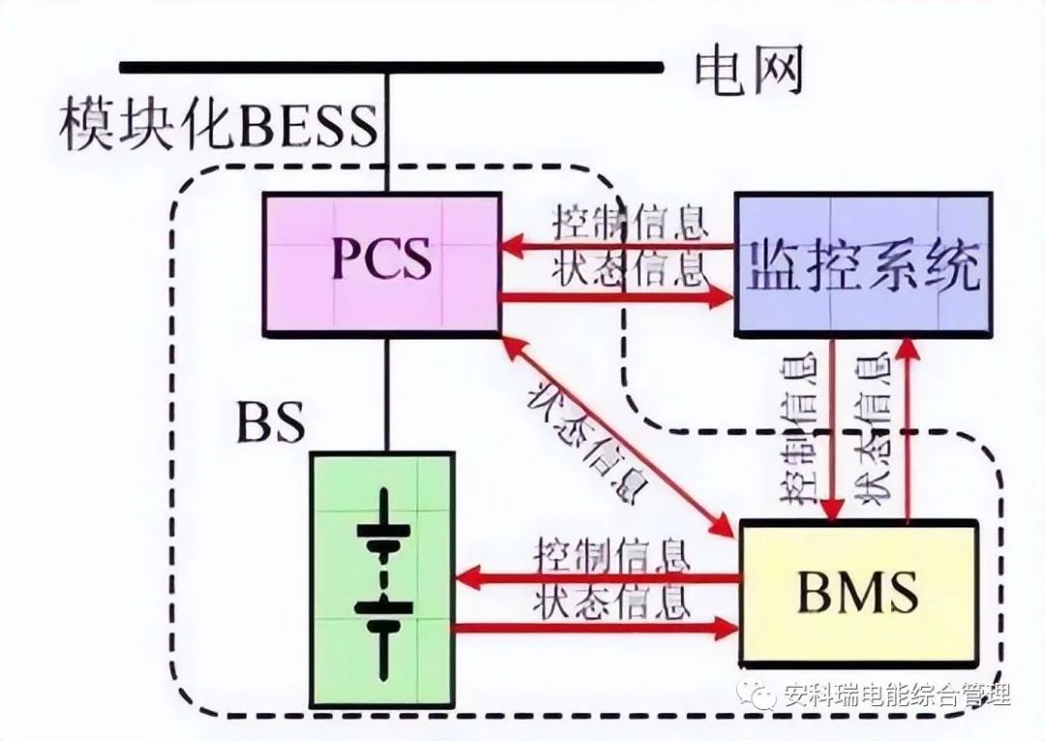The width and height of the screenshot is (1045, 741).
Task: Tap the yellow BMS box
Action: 859,589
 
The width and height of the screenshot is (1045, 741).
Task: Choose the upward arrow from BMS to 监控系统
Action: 907,426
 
